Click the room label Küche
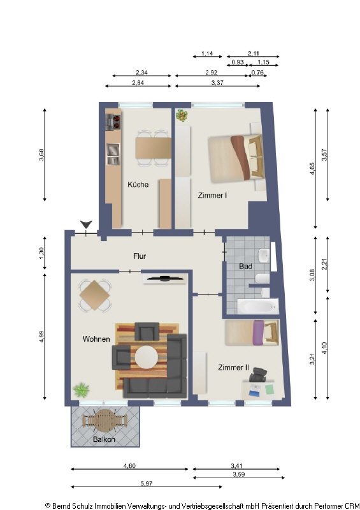point(138,185)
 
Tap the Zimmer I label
point(212,196)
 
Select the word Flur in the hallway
point(140,256)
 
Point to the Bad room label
point(245,266)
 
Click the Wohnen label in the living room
point(96,339)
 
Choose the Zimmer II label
point(233,368)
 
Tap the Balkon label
point(104,440)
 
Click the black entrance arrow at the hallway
point(86,224)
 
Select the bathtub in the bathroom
point(257,307)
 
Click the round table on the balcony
point(104,420)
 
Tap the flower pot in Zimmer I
point(183,116)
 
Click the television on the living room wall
point(165,279)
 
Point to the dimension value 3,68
point(42,154)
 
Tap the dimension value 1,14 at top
point(207,53)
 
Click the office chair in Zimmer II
point(258,378)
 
